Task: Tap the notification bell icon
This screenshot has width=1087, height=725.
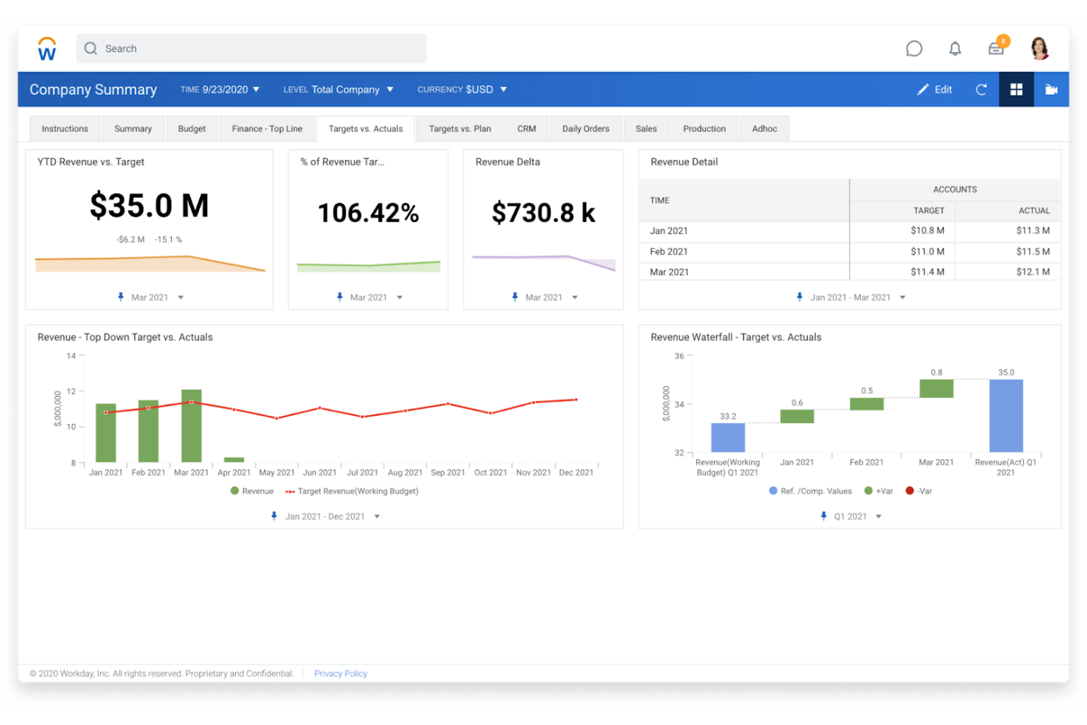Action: pos(955,49)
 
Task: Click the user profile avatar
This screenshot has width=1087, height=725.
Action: pos(1039,48)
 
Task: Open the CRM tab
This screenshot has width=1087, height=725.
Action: pos(526,129)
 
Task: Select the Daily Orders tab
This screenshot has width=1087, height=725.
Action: pos(585,129)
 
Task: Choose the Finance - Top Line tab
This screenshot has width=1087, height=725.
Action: pos(267,129)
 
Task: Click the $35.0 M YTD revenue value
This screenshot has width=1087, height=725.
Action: pos(149,206)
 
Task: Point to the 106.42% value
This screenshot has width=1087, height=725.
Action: pos(368,213)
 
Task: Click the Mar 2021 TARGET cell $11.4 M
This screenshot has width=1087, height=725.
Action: pos(927,272)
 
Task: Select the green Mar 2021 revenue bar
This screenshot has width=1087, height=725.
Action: pos(191,426)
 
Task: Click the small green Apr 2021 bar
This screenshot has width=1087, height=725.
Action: pos(234,460)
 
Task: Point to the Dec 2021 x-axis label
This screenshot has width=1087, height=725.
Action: pos(576,472)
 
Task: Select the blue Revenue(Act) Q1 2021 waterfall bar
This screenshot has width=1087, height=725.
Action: pos(1005,416)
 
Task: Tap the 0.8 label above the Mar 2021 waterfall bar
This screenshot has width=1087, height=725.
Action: pos(936,372)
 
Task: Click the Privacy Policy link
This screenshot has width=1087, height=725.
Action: pos(340,674)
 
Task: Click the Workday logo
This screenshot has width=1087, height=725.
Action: pos(47,49)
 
